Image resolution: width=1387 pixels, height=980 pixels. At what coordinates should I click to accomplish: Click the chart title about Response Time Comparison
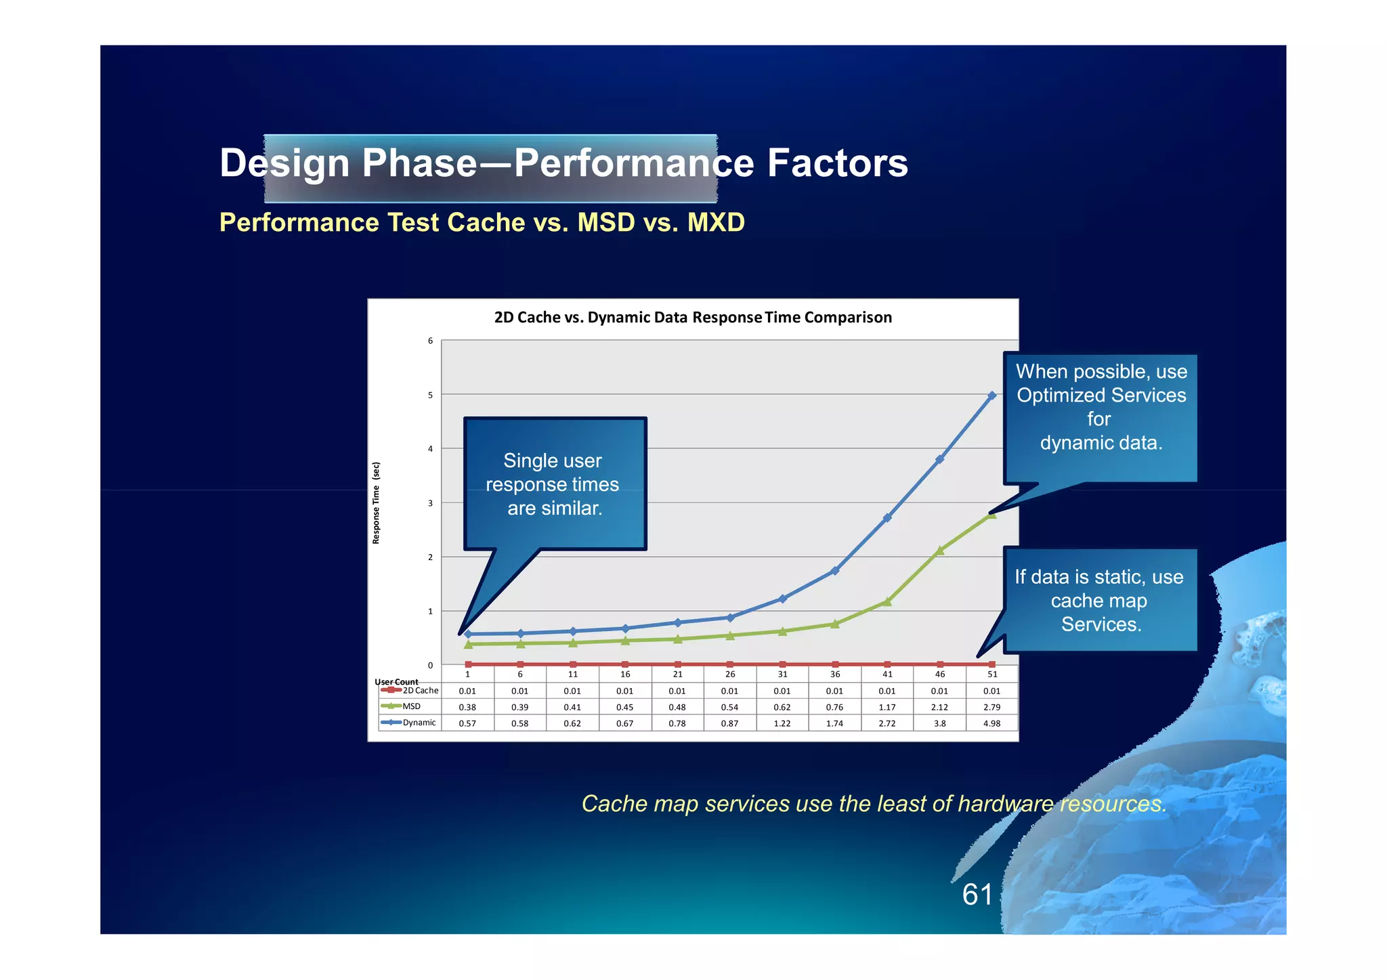pos(693,318)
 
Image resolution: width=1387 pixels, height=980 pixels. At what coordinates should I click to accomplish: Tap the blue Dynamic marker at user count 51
pos(992,396)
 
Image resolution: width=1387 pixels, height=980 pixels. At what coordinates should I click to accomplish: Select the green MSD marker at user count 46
pos(940,551)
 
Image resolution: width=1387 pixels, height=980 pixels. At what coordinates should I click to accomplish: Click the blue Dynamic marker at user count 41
pos(887,518)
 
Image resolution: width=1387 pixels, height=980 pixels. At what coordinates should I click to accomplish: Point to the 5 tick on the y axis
pos(430,395)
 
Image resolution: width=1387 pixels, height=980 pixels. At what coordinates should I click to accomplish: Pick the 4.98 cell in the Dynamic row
pos(992,723)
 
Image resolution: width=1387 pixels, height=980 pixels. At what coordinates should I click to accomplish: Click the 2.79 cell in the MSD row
pos(992,707)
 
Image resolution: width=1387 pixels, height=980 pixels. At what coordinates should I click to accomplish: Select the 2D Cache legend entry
pos(410,691)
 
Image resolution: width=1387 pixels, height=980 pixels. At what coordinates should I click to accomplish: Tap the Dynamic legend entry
pos(409,723)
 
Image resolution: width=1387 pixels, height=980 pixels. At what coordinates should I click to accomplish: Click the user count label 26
pos(730,675)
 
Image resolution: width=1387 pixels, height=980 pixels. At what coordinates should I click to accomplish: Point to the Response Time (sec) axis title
pos(377,503)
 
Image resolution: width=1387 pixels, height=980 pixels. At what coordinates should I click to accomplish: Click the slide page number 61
pos(977,895)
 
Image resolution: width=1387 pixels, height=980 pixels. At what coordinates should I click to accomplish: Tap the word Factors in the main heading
pos(837,163)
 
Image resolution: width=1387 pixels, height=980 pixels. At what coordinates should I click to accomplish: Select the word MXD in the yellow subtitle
pos(716,223)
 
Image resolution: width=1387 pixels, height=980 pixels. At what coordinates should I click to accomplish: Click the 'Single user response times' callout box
pos(555,484)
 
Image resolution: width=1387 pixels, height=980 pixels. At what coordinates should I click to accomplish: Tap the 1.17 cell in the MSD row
pos(887,707)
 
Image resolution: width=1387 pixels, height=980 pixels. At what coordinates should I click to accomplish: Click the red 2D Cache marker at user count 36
pos(835,664)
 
